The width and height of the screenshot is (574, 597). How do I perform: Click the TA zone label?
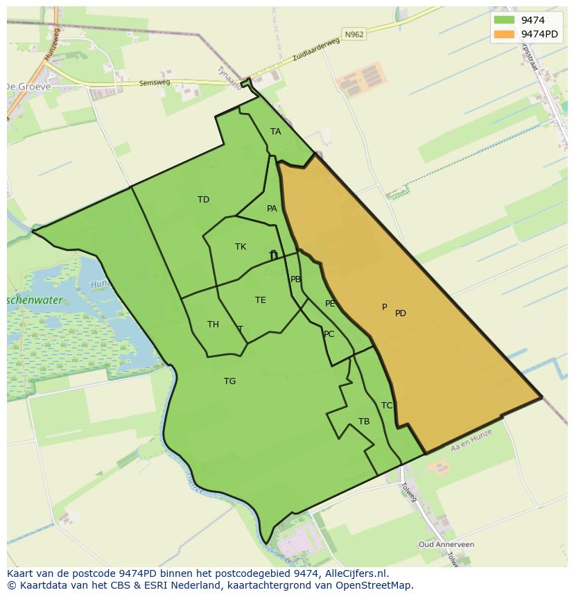pyautogui.click(x=276, y=132)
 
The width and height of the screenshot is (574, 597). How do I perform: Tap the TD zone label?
pyautogui.click(x=203, y=200)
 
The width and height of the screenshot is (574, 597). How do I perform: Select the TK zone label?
pyautogui.click(x=241, y=247)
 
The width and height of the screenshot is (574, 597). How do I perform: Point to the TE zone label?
pyautogui.click(x=260, y=300)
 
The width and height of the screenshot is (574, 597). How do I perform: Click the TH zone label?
pyautogui.click(x=213, y=325)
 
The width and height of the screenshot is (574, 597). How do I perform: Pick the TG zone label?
pyautogui.click(x=229, y=381)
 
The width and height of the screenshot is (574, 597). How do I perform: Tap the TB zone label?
pyautogui.click(x=364, y=422)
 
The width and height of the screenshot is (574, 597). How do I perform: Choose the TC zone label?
pyautogui.click(x=387, y=406)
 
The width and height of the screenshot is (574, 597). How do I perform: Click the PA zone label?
pyautogui.click(x=272, y=209)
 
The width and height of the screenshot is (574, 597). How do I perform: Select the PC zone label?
pyautogui.click(x=329, y=334)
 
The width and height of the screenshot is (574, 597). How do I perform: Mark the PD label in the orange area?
pyautogui.click(x=401, y=313)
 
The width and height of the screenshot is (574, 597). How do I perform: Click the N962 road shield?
pyautogui.click(x=353, y=34)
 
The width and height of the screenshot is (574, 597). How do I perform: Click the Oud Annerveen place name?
pyautogui.click(x=446, y=545)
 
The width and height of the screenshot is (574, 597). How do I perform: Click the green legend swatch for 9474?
pyautogui.click(x=505, y=20)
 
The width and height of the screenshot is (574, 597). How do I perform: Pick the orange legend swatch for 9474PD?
pyautogui.click(x=505, y=34)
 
